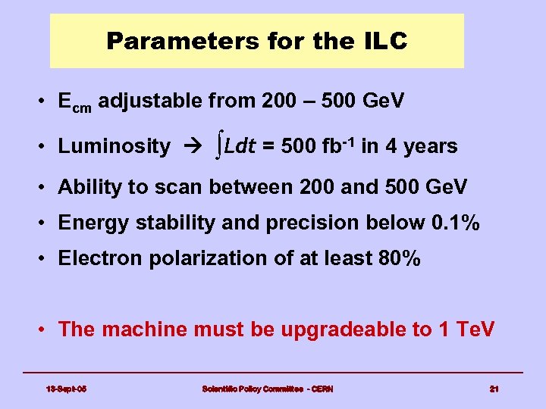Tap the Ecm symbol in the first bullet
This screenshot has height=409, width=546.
point(74,101)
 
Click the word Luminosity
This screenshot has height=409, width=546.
point(115,146)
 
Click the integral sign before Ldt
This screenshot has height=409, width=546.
point(219,145)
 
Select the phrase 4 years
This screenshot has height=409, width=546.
point(421,146)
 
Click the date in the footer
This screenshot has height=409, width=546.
point(67,389)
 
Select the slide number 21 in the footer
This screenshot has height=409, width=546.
point(494,389)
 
